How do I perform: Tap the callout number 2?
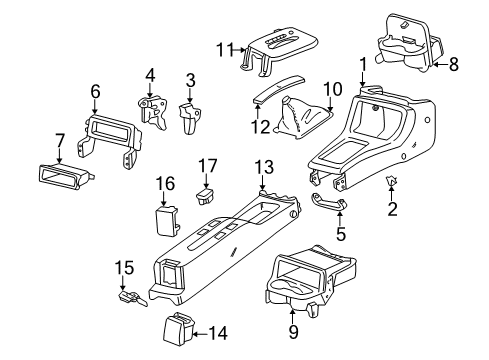[392, 208]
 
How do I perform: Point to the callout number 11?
[226, 48]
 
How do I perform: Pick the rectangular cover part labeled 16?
[164, 217]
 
